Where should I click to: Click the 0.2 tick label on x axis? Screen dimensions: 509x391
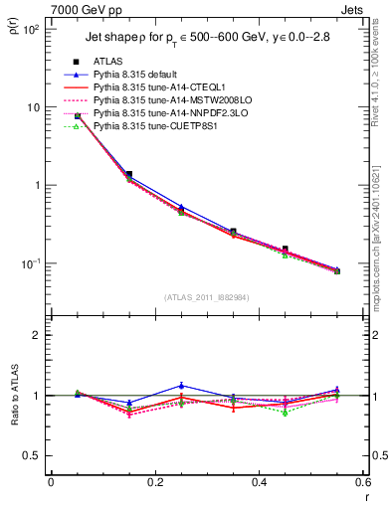tap(154, 482)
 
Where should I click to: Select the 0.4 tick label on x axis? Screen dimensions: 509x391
tap(259, 482)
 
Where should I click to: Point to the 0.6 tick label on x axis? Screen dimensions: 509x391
tap(362, 482)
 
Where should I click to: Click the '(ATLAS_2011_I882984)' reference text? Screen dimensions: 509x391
tap(206, 297)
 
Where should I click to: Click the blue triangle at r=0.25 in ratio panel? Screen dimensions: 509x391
tap(181, 386)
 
